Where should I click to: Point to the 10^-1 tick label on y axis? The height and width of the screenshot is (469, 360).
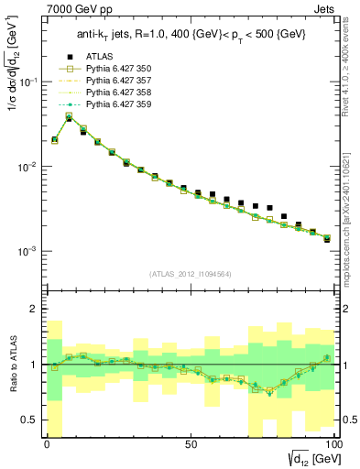(x=28, y=82)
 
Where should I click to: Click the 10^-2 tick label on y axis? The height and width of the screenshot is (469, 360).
(x=28, y=167)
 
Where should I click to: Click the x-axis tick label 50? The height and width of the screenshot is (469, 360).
(x=190, y=443)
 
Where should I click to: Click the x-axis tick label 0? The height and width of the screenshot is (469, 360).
(x=48, y=443)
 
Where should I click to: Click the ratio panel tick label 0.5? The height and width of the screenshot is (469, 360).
(x=32, y=420)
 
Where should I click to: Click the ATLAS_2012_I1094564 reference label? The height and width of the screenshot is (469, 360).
(x=190, y=272)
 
